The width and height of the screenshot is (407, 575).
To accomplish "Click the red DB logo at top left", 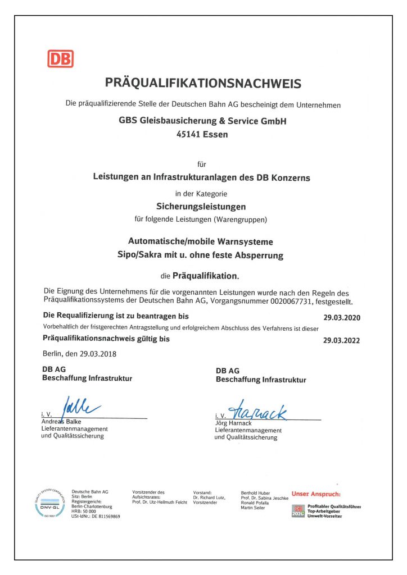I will pos(60,59).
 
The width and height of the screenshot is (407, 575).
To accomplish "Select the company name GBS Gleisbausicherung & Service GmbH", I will pos(202,121).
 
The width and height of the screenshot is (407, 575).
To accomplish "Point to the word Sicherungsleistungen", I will pos(201,206).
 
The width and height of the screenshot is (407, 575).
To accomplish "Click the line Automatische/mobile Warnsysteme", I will pos(201,241).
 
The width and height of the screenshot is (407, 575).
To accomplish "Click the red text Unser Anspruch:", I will pos(316,494).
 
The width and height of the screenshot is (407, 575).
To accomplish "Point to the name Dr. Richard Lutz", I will pos(209,498).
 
